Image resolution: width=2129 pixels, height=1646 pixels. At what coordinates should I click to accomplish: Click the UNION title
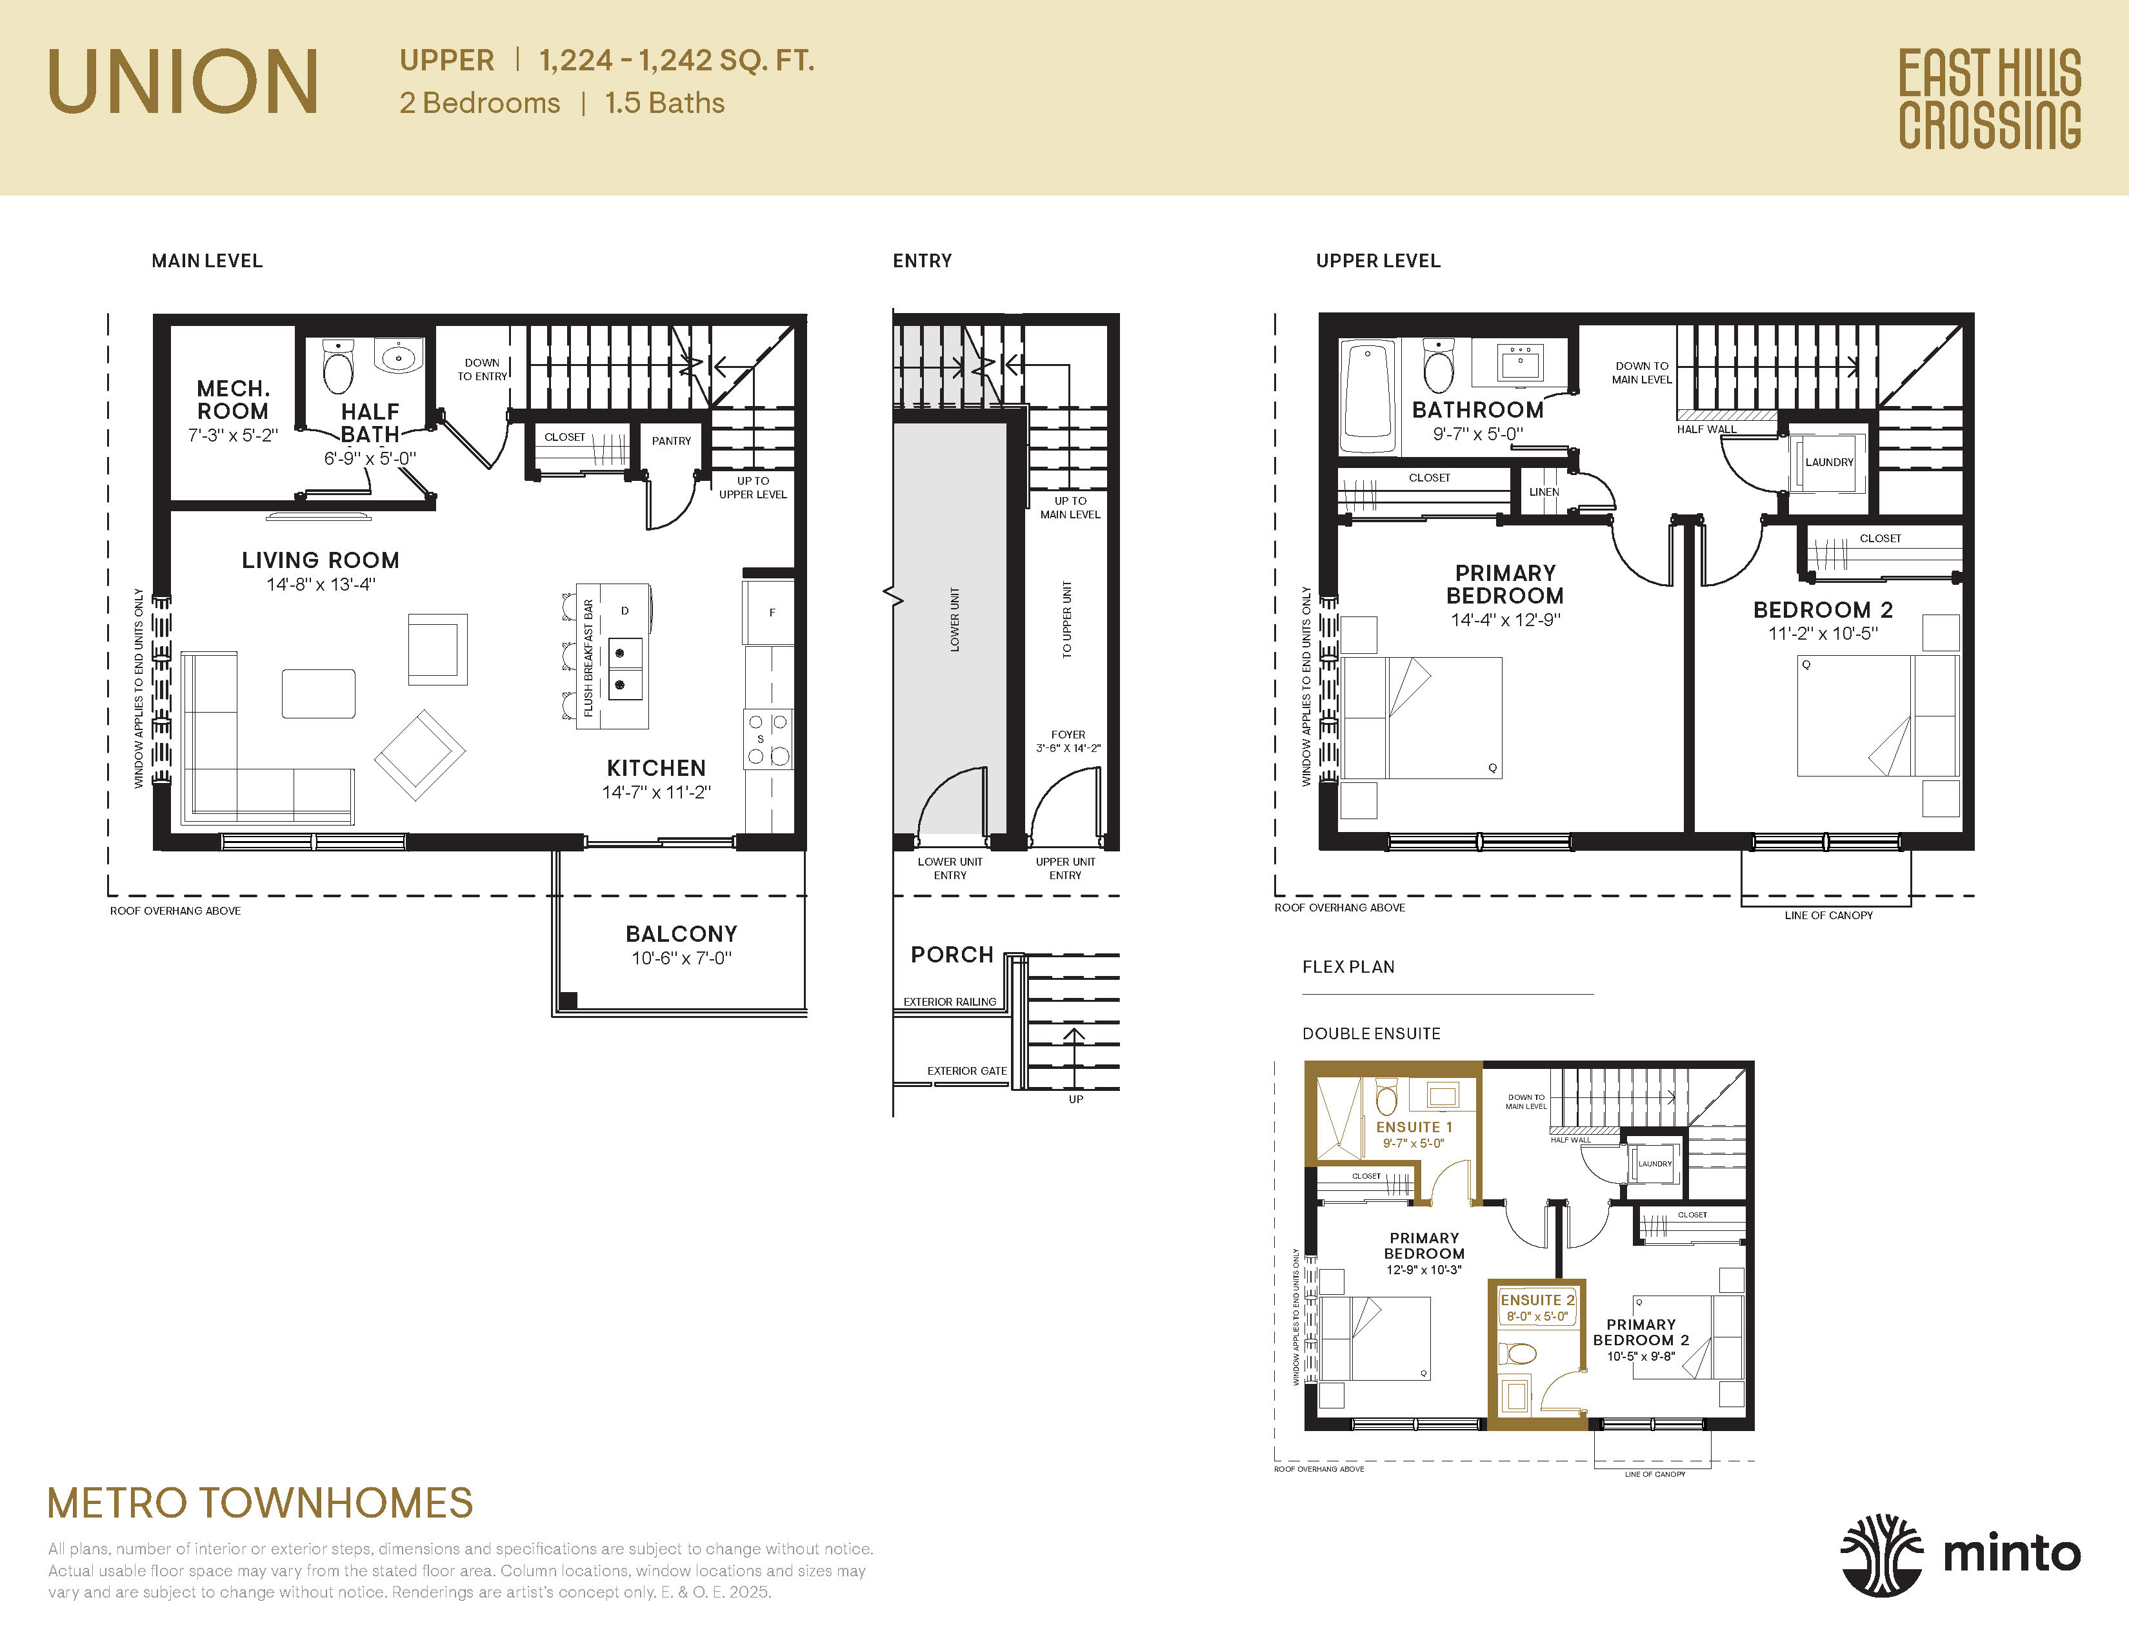(183, 82)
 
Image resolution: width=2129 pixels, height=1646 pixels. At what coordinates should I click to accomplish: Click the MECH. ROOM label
(232, 400)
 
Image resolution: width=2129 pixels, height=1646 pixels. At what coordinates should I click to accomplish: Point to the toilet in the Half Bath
(337, 368)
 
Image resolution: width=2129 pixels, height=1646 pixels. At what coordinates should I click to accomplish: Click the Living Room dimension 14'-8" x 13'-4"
(321, 585)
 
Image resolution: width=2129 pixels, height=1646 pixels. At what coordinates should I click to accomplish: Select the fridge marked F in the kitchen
(770, 613)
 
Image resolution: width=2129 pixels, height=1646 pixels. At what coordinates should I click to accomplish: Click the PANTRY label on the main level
(671, 441)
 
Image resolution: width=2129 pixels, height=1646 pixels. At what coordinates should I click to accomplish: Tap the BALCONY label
(681, 934)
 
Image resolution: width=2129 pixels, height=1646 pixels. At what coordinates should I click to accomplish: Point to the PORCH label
(952, 955)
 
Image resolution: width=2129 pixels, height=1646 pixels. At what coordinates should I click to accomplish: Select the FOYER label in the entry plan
(1068, 735)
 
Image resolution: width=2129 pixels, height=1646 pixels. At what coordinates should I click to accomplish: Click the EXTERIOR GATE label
(966, 1071)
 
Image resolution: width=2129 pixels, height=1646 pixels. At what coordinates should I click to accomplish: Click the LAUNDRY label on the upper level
(1829, 462)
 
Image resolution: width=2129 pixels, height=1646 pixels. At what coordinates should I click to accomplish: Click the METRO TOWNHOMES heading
(260, 1503)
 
